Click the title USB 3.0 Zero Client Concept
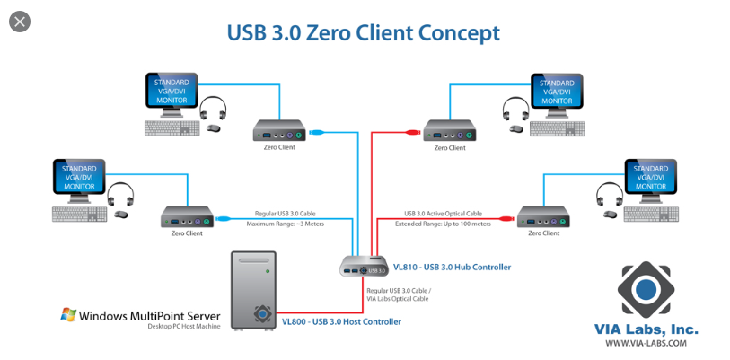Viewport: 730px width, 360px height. click(x=363, y=33)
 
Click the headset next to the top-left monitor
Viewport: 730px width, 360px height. click(x=212, y=110)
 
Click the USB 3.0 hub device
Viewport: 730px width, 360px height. click(x=364, y=267)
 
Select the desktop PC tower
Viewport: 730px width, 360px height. click(x=254, y=289)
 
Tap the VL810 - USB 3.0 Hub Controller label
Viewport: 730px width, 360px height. click(x=452, y=267)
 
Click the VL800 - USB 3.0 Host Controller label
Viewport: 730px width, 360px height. click(x=341, y=320)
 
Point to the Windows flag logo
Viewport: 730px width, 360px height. click(x=68, y=314)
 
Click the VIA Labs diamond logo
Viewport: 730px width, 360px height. click(x=646, y=290)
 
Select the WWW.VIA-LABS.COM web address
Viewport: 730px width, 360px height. click(x=646, y=342)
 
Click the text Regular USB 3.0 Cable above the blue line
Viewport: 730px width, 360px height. click(x=285, y=214)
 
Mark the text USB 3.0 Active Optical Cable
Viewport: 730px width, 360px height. click(x=443, y=214)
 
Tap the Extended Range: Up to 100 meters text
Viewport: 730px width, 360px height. click(x=443, y=224)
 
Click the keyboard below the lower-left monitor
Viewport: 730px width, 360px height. click(x=78, y=215)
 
